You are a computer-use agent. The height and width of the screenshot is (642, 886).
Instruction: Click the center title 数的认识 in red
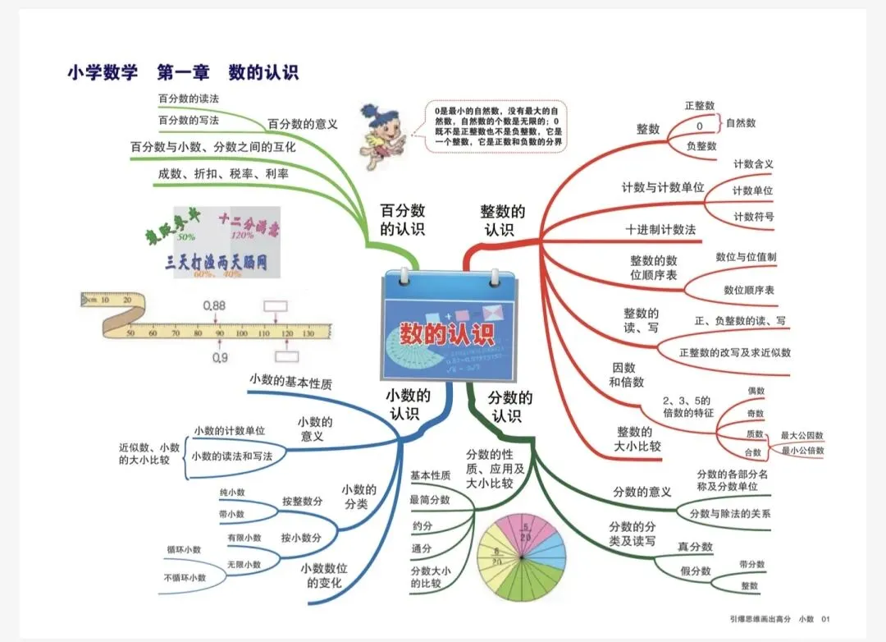447,334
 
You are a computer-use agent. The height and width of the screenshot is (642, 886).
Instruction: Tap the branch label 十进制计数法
660,230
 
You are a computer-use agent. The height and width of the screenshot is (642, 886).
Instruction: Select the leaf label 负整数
701,146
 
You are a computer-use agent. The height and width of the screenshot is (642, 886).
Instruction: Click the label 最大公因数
802,435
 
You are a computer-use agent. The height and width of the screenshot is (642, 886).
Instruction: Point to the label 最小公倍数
802,451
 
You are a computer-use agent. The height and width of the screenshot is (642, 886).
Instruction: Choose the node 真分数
695,548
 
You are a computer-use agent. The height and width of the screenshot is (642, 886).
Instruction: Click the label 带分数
751,565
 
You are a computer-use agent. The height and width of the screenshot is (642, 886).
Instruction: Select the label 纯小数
231,493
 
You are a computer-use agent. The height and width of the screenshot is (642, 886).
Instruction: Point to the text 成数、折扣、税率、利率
225,174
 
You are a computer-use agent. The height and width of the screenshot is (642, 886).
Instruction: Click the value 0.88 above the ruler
214,305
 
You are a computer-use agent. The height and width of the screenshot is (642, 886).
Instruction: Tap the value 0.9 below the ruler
220,358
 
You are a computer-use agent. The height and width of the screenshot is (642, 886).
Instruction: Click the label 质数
755,433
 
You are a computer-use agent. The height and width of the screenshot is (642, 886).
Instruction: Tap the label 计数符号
753,217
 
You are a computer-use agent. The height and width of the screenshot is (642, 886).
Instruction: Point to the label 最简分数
430,500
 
